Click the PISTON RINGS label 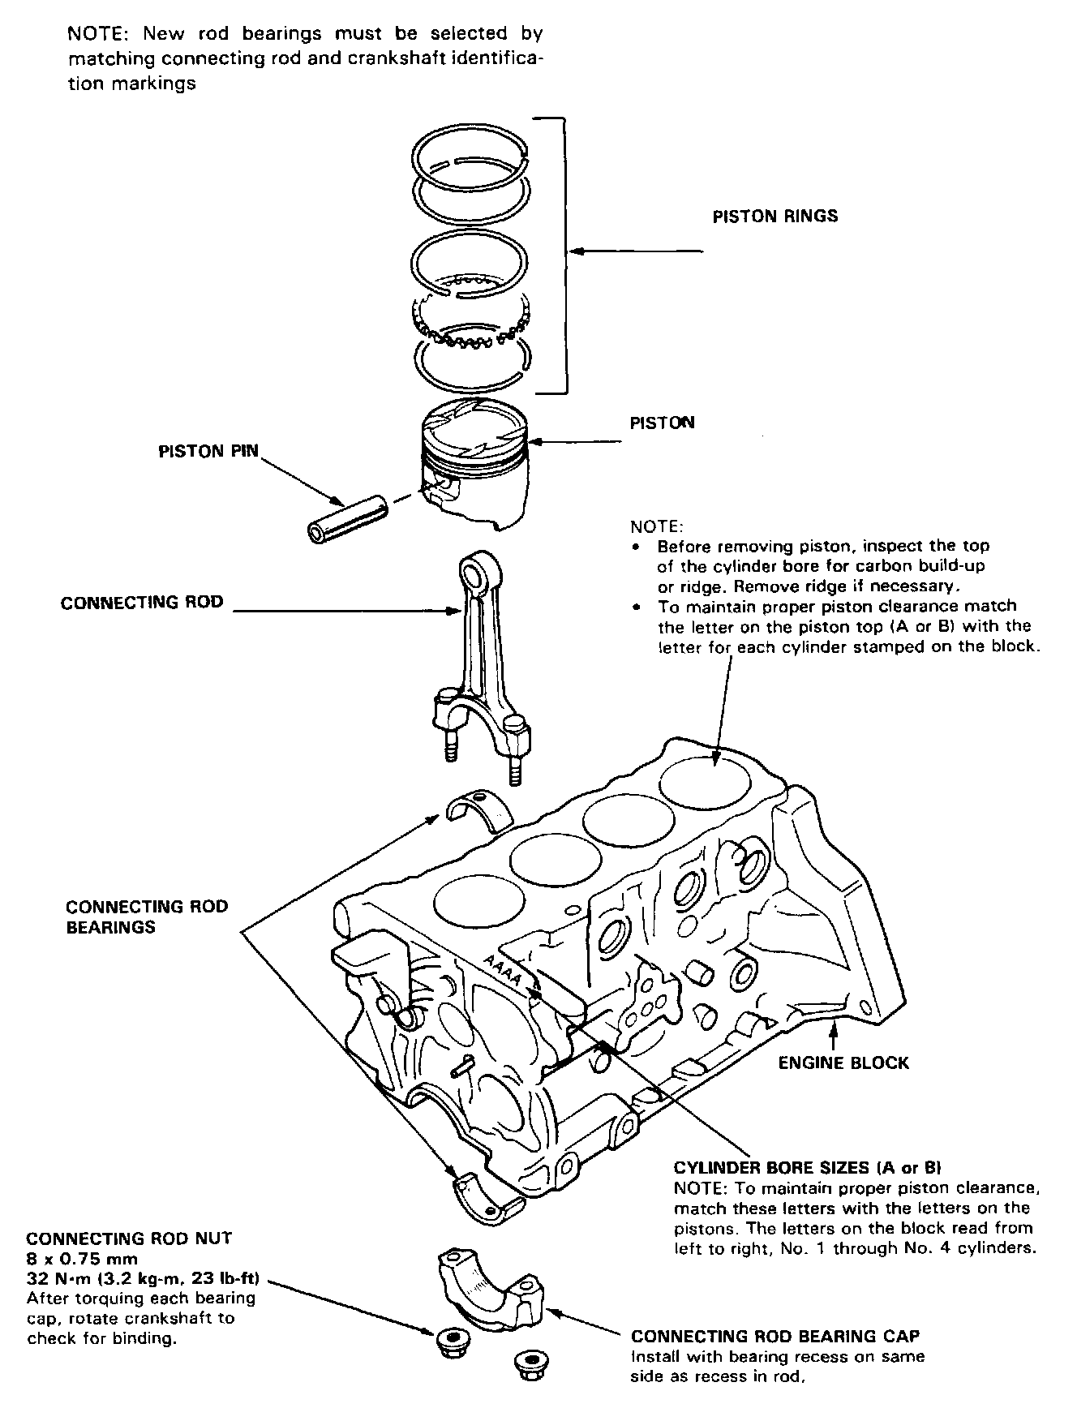(x=774, y=217)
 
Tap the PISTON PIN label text (x=208, y=451)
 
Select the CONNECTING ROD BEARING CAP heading (x=775, y=1336)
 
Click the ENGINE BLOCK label (x=843, y=1063)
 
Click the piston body (x=474, y=479)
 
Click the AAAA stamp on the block (x=502, y=971)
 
